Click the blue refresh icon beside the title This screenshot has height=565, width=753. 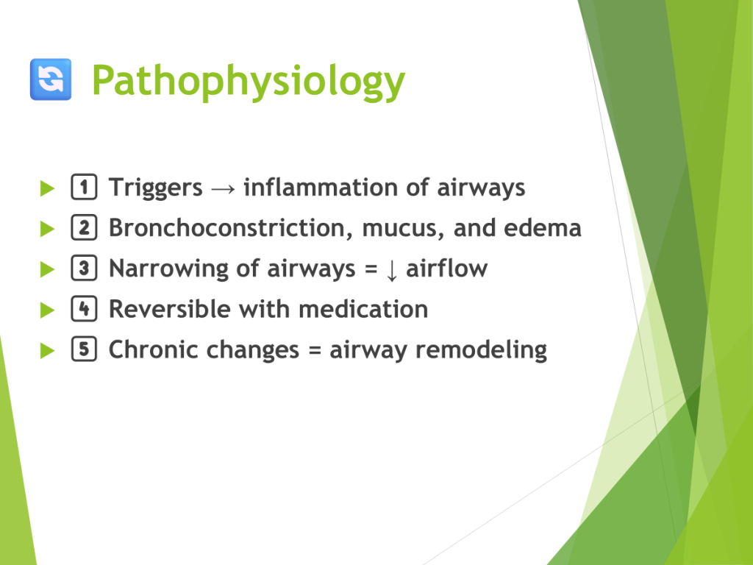point(51,79)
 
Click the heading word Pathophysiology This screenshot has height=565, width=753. point(249,82)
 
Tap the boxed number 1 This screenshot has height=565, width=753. point(84,187)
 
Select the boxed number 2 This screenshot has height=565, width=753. point(84,227)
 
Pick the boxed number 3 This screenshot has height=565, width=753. point(84,268)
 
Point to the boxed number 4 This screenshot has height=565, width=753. point(84,308)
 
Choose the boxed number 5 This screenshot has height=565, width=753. point(84,349)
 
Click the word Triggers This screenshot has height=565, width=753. point(156,188)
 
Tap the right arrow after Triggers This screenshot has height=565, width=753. point(224,189)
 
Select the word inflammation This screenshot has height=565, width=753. point(321,187)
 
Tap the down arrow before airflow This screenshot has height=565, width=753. point(392,270)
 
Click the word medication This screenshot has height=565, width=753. point(363,309)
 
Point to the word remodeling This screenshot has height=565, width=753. point(481,351)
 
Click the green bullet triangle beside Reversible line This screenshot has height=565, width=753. point(47,310)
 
